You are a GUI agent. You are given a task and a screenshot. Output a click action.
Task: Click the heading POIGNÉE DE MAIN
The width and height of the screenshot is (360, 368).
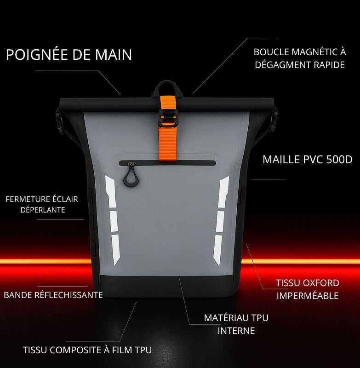69,54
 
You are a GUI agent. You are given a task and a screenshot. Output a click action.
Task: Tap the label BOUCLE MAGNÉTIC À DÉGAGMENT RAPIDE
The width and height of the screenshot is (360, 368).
300,58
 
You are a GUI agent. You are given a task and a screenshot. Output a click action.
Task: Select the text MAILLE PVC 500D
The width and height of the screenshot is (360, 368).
308,159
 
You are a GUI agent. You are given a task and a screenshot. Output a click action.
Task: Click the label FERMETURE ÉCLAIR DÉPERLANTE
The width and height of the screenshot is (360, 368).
42,204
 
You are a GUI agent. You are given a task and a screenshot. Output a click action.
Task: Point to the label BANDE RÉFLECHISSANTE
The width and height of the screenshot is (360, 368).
53,295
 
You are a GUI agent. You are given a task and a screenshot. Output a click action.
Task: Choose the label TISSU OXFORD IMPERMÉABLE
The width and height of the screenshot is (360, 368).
308,289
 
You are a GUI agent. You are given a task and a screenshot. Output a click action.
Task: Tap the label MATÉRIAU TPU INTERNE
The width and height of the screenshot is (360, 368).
236,324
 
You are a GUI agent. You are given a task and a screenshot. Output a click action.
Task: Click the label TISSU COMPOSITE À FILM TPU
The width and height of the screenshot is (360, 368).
87,350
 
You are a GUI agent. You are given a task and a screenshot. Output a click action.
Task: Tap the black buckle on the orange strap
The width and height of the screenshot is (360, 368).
167,117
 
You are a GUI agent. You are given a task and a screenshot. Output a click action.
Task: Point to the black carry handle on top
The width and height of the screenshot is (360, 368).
167,88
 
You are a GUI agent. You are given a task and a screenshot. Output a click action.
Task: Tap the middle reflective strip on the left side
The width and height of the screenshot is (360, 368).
114,221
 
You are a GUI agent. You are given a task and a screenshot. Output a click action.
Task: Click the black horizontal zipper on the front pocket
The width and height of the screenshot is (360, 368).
167,163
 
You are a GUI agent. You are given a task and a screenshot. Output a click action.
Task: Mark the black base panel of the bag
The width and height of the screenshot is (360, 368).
167,287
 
